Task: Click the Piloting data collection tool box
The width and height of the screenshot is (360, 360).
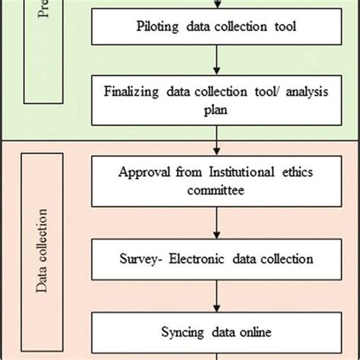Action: click(217, 28)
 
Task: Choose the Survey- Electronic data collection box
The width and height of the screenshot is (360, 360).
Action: click(217, 259)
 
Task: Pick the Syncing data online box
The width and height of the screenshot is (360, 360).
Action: click(217, 331)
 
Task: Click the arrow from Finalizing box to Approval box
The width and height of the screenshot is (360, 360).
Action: click(217, 141)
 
